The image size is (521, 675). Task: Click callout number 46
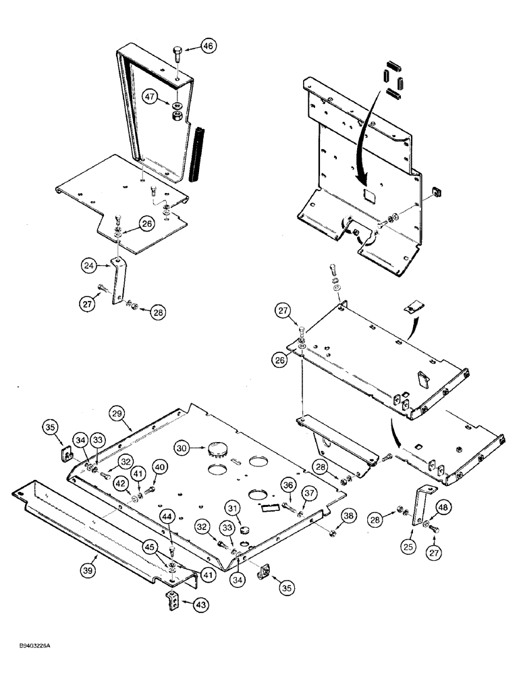pyautogui.click(x=208, y=47)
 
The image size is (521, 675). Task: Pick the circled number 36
pyautogui.click(x=287, y=485)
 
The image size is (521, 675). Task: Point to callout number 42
pyautogui.click(x=119, y=483)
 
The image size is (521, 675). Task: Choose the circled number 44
pyautogui.click(x=168, y=516)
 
